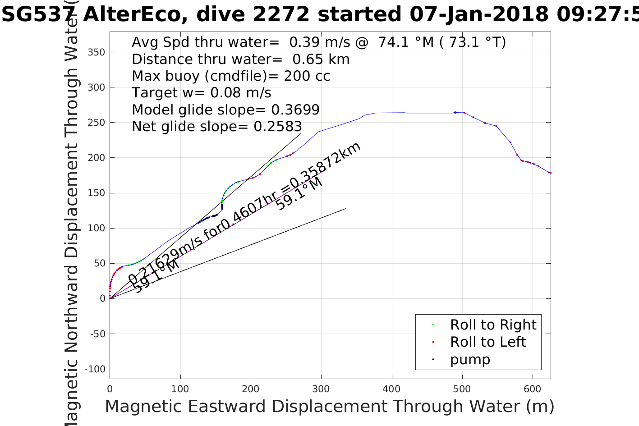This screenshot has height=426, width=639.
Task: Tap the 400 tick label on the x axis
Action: tap(392, 389)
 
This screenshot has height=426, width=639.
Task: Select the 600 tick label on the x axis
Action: tap(533, 389)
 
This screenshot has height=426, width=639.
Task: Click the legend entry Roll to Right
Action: tap(493, 325)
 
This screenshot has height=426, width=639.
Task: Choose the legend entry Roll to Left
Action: tap(488, 342)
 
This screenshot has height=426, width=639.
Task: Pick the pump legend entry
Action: tap(470, 359)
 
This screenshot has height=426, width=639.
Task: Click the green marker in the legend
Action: tap(433, 325)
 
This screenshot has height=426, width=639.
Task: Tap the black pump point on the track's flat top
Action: tap(455, 112)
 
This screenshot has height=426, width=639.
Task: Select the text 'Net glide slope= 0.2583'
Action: tap(217, 127)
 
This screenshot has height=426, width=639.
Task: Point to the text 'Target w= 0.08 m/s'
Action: tap(202, 93)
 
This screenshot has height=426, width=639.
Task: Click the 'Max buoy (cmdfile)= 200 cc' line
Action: tap(231, 76)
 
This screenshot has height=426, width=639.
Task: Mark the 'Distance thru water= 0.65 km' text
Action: tap(241, 59)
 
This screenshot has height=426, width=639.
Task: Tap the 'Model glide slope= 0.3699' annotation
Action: tap(225, 110)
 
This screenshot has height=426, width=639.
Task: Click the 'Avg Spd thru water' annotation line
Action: tap(319, 42)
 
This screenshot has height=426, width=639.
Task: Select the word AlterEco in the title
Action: tap(133, 14)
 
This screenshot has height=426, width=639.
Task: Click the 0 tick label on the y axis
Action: tap(102, 298)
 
